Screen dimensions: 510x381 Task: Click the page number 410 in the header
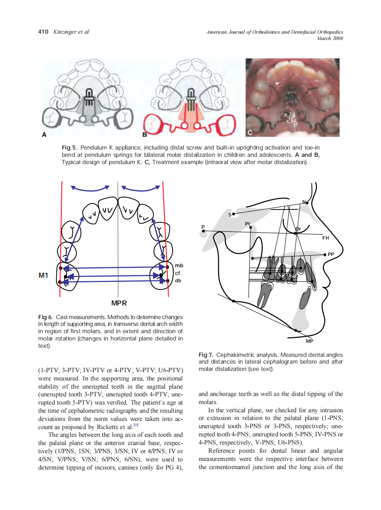pos(44,32)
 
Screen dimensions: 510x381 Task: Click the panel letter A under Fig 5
pos(44,134)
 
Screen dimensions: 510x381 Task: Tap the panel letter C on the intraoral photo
pos(250,132)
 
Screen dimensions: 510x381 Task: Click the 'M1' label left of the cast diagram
pos(43,275)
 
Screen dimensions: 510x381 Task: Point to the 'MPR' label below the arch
pos(119,303)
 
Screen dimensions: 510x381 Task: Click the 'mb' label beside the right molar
pos(179,265)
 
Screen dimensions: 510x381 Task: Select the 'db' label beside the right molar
pos(178,280)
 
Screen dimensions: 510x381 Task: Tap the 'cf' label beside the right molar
pos(178,273)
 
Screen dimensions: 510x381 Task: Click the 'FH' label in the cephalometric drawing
pos(326,238)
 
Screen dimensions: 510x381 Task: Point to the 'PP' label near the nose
pos(331,255)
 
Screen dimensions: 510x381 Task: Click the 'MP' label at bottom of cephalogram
pos(309,341)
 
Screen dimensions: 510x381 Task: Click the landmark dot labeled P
pos(204,231)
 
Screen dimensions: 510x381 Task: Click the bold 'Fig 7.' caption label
pos(206,355)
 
